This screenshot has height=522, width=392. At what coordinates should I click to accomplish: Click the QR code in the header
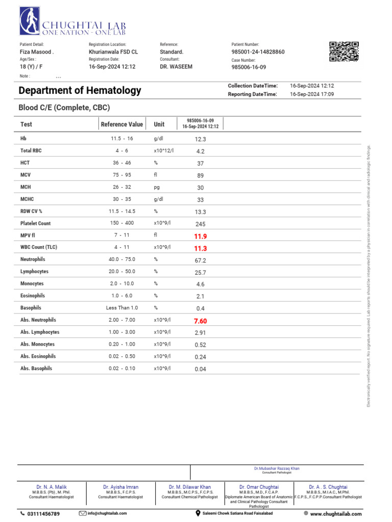(344, 51)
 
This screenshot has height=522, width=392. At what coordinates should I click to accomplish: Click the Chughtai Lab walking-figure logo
(29, 22)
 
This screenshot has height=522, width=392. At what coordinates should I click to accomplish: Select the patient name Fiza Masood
(36, 52)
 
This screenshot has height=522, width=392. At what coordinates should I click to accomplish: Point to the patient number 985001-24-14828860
(258, 52)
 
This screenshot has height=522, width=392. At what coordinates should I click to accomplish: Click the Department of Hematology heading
(80, 91)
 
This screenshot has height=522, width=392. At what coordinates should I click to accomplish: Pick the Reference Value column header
(122, 124)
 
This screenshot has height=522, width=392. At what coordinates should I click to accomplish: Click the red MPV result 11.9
(201, 237)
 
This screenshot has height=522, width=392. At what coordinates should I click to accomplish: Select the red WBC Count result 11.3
(201, 249)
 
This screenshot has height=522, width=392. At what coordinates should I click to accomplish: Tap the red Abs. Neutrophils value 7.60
(201, 321)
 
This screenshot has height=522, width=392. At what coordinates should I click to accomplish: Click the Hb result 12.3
(200, 139)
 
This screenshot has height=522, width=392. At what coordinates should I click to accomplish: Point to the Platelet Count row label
(35, 223)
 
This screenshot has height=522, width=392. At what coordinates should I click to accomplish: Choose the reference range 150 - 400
(122, 223)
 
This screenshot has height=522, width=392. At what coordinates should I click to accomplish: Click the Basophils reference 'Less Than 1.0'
(122, 308)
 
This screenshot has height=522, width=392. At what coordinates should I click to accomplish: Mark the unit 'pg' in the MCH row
(157, 188)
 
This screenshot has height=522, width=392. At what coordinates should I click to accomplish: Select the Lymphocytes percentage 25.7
(200, 273)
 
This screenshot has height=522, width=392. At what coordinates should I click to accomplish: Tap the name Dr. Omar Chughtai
(259, 487)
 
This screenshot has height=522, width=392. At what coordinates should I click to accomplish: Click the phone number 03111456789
(43, 514)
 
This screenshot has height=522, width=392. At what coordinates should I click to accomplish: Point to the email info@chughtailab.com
(107, 513)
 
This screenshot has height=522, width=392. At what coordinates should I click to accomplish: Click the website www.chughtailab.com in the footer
(336, 514)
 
